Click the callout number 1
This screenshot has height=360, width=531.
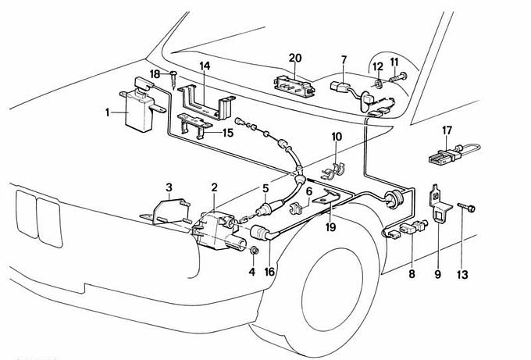(x=109, y=112)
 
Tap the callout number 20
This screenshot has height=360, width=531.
(x=295, y=57)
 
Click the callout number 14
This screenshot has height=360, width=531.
(x=205, y=66)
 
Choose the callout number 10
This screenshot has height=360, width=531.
(x=337, y=137)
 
